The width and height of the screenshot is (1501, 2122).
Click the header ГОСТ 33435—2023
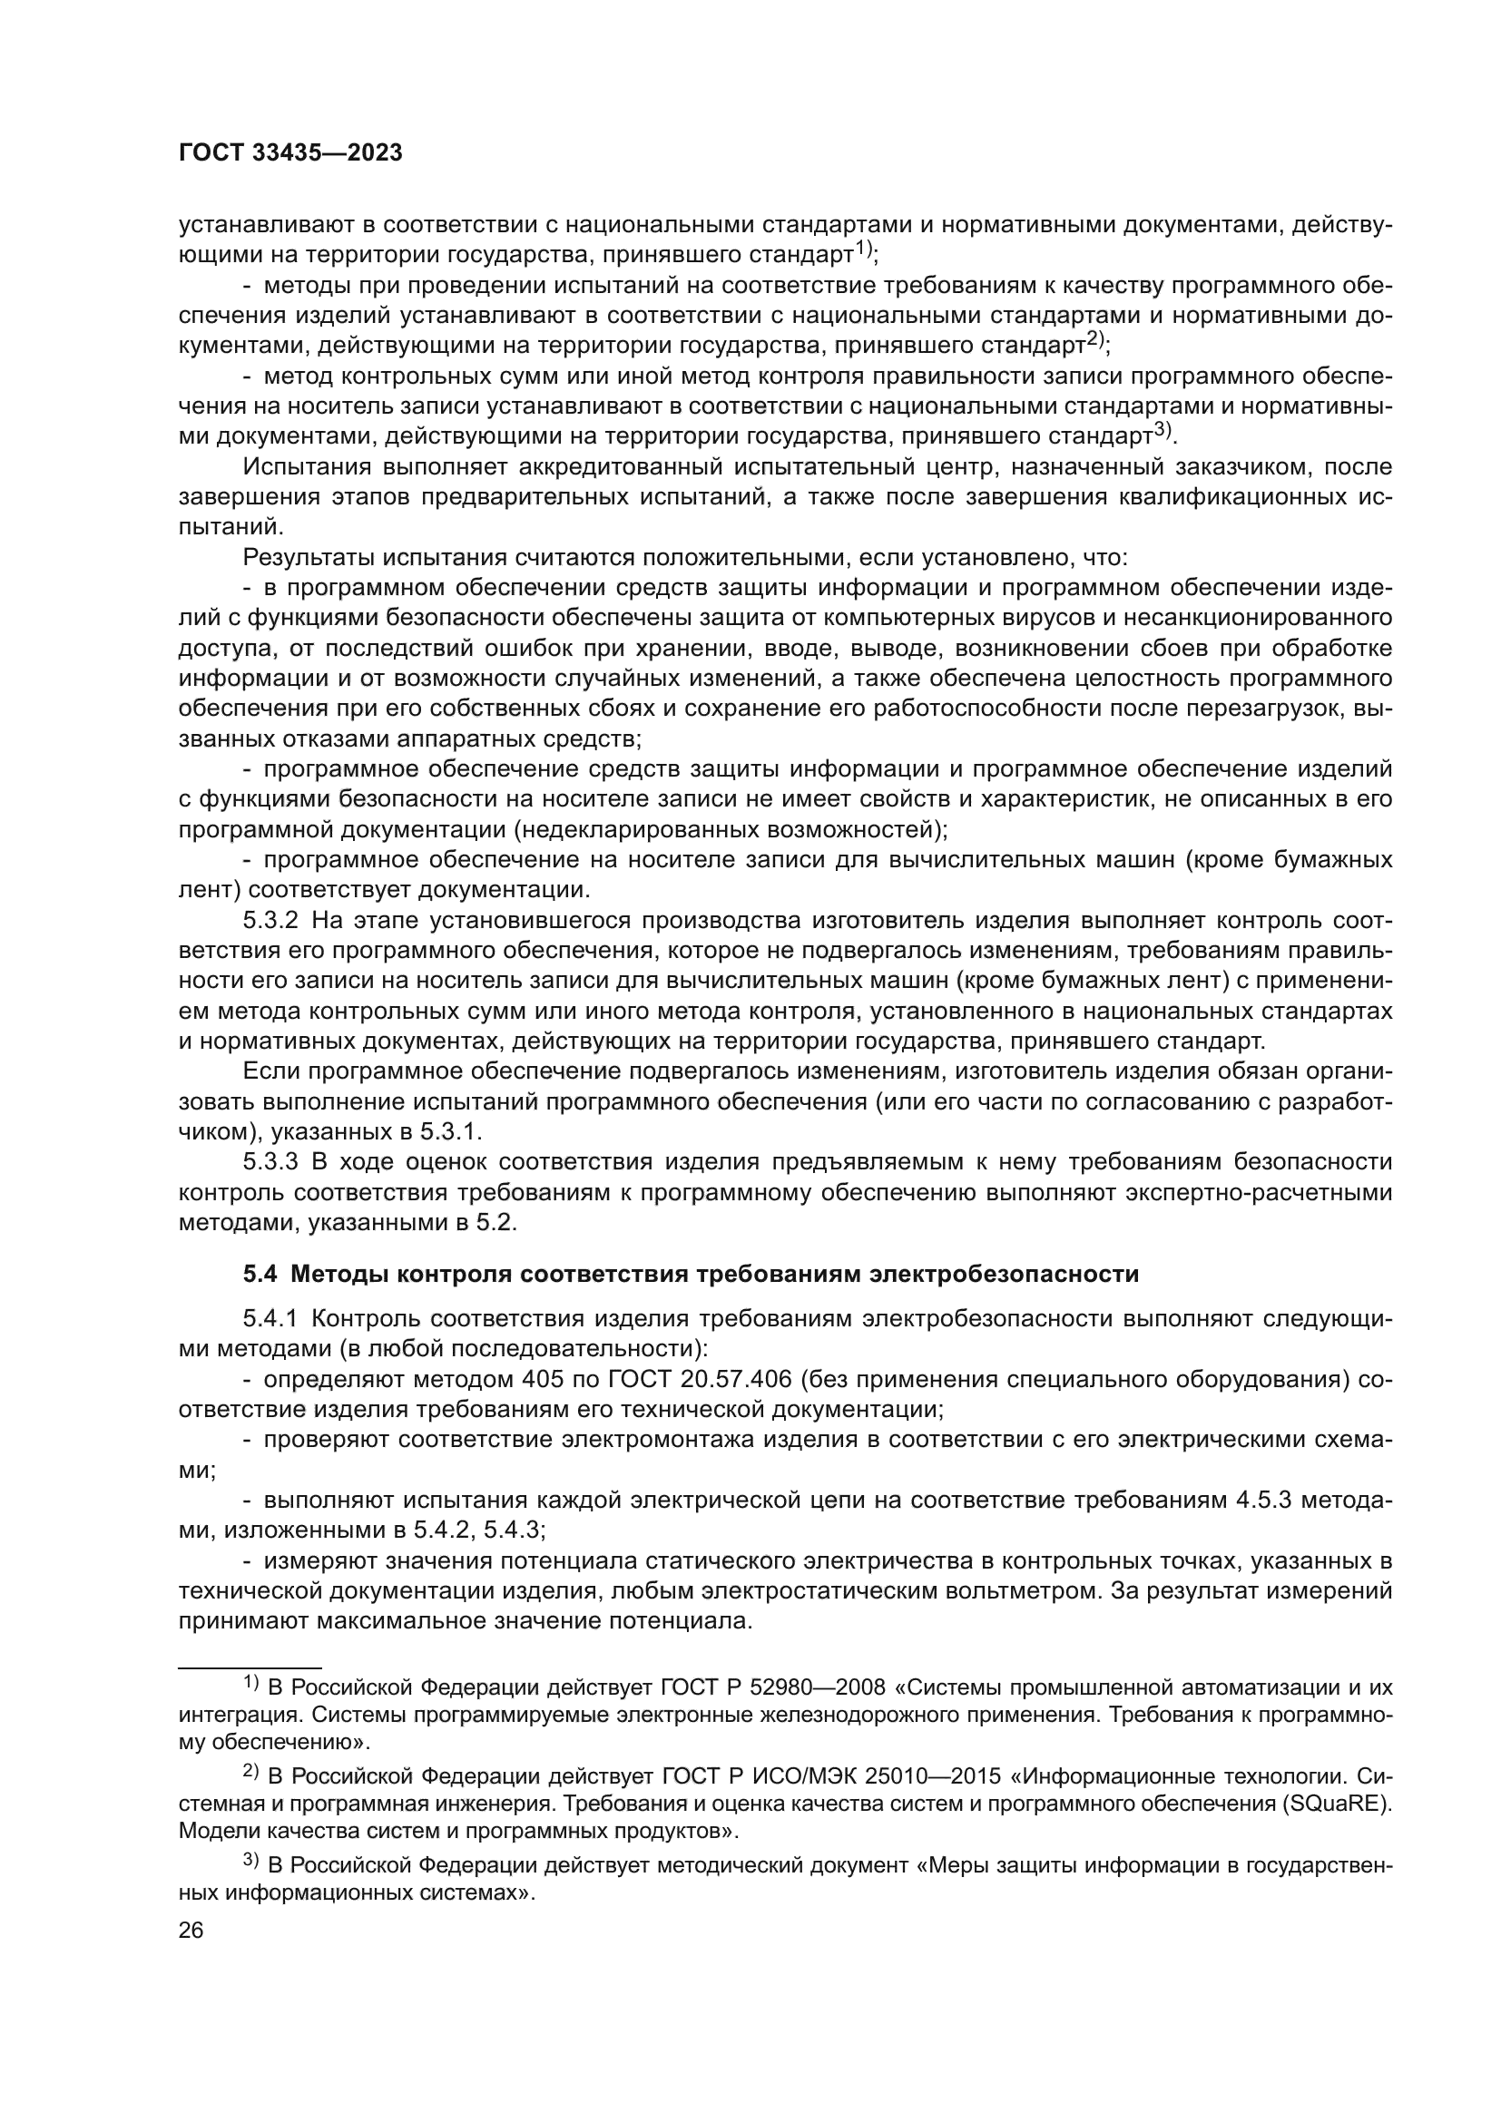click(290, 153)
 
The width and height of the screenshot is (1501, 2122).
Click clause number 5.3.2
click(270, 921)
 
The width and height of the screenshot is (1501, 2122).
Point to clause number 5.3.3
click(270, 1162)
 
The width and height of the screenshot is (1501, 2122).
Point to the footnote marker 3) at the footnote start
click(252, 1863)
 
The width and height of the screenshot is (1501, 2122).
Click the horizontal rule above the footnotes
click(250, 1663)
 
